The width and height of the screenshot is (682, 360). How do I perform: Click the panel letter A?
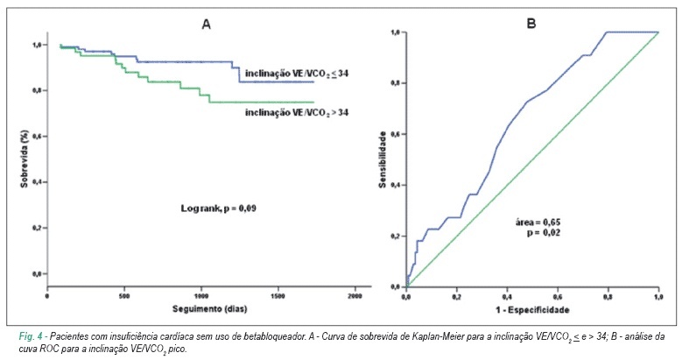[206, 25]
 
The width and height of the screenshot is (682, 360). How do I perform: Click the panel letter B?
[531, 24]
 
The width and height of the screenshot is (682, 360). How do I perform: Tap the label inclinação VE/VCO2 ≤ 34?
[297, 74]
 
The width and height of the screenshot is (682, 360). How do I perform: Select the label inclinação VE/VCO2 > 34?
[297, 112]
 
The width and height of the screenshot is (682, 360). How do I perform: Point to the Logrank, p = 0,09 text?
[218, 208]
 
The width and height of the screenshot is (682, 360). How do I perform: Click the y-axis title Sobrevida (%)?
[25, 159]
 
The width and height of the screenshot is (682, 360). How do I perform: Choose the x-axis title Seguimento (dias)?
[209, 309]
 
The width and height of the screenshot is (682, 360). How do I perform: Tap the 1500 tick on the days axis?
[278, 296]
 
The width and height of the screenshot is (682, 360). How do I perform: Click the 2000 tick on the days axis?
[355, 296]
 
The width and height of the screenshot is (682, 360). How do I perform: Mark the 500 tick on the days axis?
[124, 296]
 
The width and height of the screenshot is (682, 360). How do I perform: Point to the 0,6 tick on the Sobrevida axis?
[37, 137]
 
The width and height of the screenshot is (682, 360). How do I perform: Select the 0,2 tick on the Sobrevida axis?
[37, 228]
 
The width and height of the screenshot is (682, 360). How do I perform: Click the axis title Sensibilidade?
[383, 159]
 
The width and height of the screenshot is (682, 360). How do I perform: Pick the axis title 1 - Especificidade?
[532, 310]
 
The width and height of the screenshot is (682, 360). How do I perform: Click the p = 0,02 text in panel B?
[544, 233]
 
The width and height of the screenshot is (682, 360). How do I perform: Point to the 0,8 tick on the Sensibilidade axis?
[396, 83]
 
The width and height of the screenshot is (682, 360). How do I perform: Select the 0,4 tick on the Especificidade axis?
[507, 297]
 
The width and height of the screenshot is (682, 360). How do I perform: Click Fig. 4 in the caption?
[31, 336]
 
